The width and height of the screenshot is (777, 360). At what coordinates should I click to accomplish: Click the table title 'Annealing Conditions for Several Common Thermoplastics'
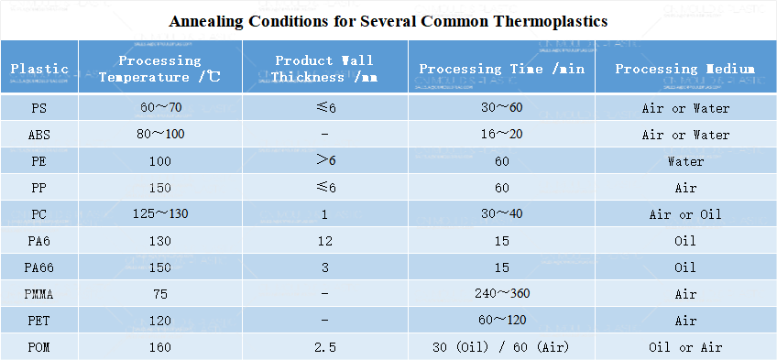pyautogui.click(x=388, y=20)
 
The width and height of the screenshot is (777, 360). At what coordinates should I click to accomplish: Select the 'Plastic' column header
pyautogui.click(x=39, y=69)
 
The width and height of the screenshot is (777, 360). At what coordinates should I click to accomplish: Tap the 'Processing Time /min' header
pyautogui.click(x=500, y=69)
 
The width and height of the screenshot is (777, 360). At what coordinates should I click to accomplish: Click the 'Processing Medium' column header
pyautogui.click(x=685, y=69)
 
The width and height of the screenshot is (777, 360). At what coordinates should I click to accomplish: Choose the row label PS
pyautogui.click(x=39, y=108)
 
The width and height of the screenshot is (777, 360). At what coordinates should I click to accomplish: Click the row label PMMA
pyautogui.click(x=39, y=294)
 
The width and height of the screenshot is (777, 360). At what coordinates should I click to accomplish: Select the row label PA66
pyautogui.click(x=39, y=267)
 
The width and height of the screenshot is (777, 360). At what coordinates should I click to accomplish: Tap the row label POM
pyautogui.click(x=39, y=347)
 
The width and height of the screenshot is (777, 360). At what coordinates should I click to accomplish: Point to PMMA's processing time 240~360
pyautogui.click(x=500, y=294)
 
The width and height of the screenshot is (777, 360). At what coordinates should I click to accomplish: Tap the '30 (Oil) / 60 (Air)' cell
pyautogui.click(x=500, y=347)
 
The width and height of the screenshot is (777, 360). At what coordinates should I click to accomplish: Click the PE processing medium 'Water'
pyautogui.click(x=685, y=161)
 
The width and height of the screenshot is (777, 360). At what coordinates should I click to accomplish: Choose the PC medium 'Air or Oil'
pyautogui.click(x=685, y=214)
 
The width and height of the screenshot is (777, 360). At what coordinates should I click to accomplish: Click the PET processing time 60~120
pyautogui.click(x=500, y=321)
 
